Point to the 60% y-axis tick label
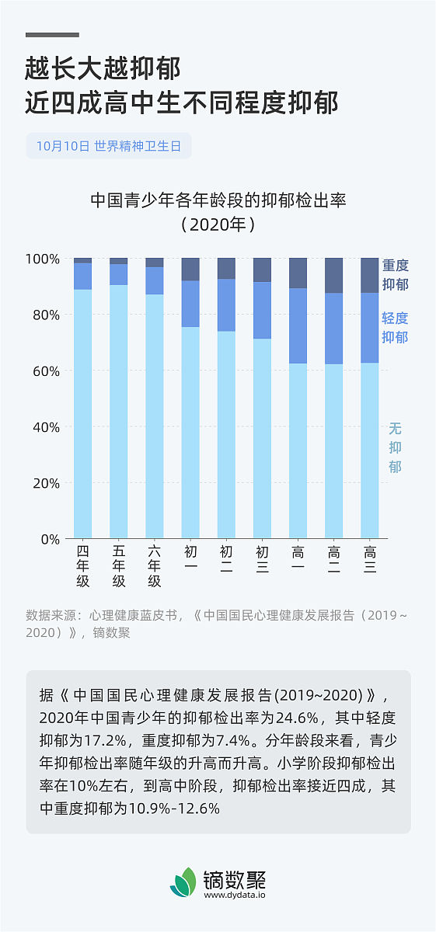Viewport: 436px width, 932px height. [46, 371]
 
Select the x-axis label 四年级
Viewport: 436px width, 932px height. [82, 567]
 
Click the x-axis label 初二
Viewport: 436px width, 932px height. [226, 560]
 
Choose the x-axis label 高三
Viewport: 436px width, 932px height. [370, 560]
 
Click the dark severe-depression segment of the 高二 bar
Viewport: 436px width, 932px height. [334, 275]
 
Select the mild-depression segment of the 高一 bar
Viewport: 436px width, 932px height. [298, 325]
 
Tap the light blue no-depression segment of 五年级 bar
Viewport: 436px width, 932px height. [118, 412]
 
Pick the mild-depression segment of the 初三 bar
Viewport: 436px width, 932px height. [262, 310]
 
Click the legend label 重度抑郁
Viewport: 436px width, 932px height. [395, 275]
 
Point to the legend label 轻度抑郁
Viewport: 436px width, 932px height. [395, 327]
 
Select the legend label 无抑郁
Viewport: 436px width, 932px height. [395, 447]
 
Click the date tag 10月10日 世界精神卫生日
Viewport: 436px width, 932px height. [108, 146]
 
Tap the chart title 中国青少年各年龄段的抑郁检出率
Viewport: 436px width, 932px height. [218, 200]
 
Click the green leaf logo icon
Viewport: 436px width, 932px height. [183, 882]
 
